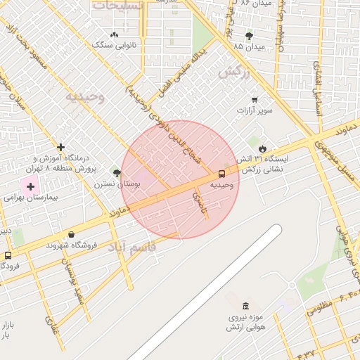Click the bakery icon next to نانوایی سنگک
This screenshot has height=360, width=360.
(x=114, y=34)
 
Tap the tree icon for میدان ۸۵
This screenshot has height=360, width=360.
(x=249, y=36)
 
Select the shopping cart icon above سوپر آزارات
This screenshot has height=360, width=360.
(x=254, y=100)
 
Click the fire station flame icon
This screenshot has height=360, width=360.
(x=262, y=148)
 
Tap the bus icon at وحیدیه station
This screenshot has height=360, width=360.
(x=222, y=173)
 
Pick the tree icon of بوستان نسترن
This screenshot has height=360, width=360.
(x=117, y=173)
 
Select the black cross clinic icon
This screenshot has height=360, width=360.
(x=61, y=148)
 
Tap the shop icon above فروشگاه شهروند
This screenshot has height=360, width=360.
(x=71, y=235)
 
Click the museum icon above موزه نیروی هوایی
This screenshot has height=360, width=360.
(x=245, y=306)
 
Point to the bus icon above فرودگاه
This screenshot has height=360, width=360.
(x=8, y=256)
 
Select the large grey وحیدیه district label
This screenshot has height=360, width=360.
(x=85, y=96)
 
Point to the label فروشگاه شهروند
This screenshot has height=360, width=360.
(x=71, y=245)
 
